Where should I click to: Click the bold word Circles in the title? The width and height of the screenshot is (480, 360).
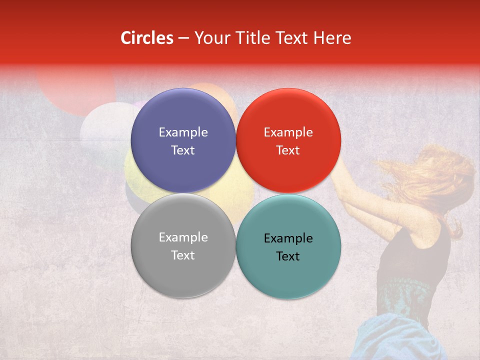146,38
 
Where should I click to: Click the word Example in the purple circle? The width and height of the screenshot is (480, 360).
183,132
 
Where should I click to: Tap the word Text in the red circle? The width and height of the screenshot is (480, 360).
288,150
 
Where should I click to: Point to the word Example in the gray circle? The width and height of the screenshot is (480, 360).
183,237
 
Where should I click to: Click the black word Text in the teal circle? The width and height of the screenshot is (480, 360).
288,256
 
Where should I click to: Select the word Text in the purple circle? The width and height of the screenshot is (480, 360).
183,150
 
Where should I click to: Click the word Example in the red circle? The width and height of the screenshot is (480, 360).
288,132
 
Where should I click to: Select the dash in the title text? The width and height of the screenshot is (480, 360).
183,38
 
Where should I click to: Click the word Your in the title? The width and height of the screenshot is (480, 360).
210,38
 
